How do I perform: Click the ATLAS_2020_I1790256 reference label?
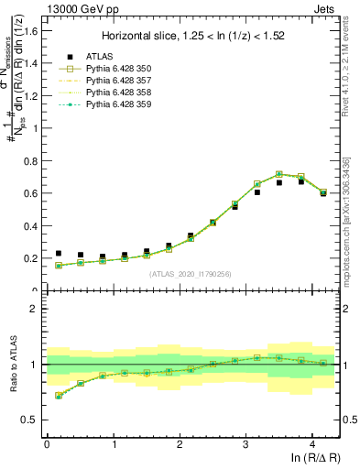point(191,274)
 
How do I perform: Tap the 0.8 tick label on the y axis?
point(32,160)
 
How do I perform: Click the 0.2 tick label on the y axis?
point(32,258)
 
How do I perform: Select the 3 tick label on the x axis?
point(245,443)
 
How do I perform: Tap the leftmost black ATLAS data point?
point(59,254)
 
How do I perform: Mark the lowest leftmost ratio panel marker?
point(59,396)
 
